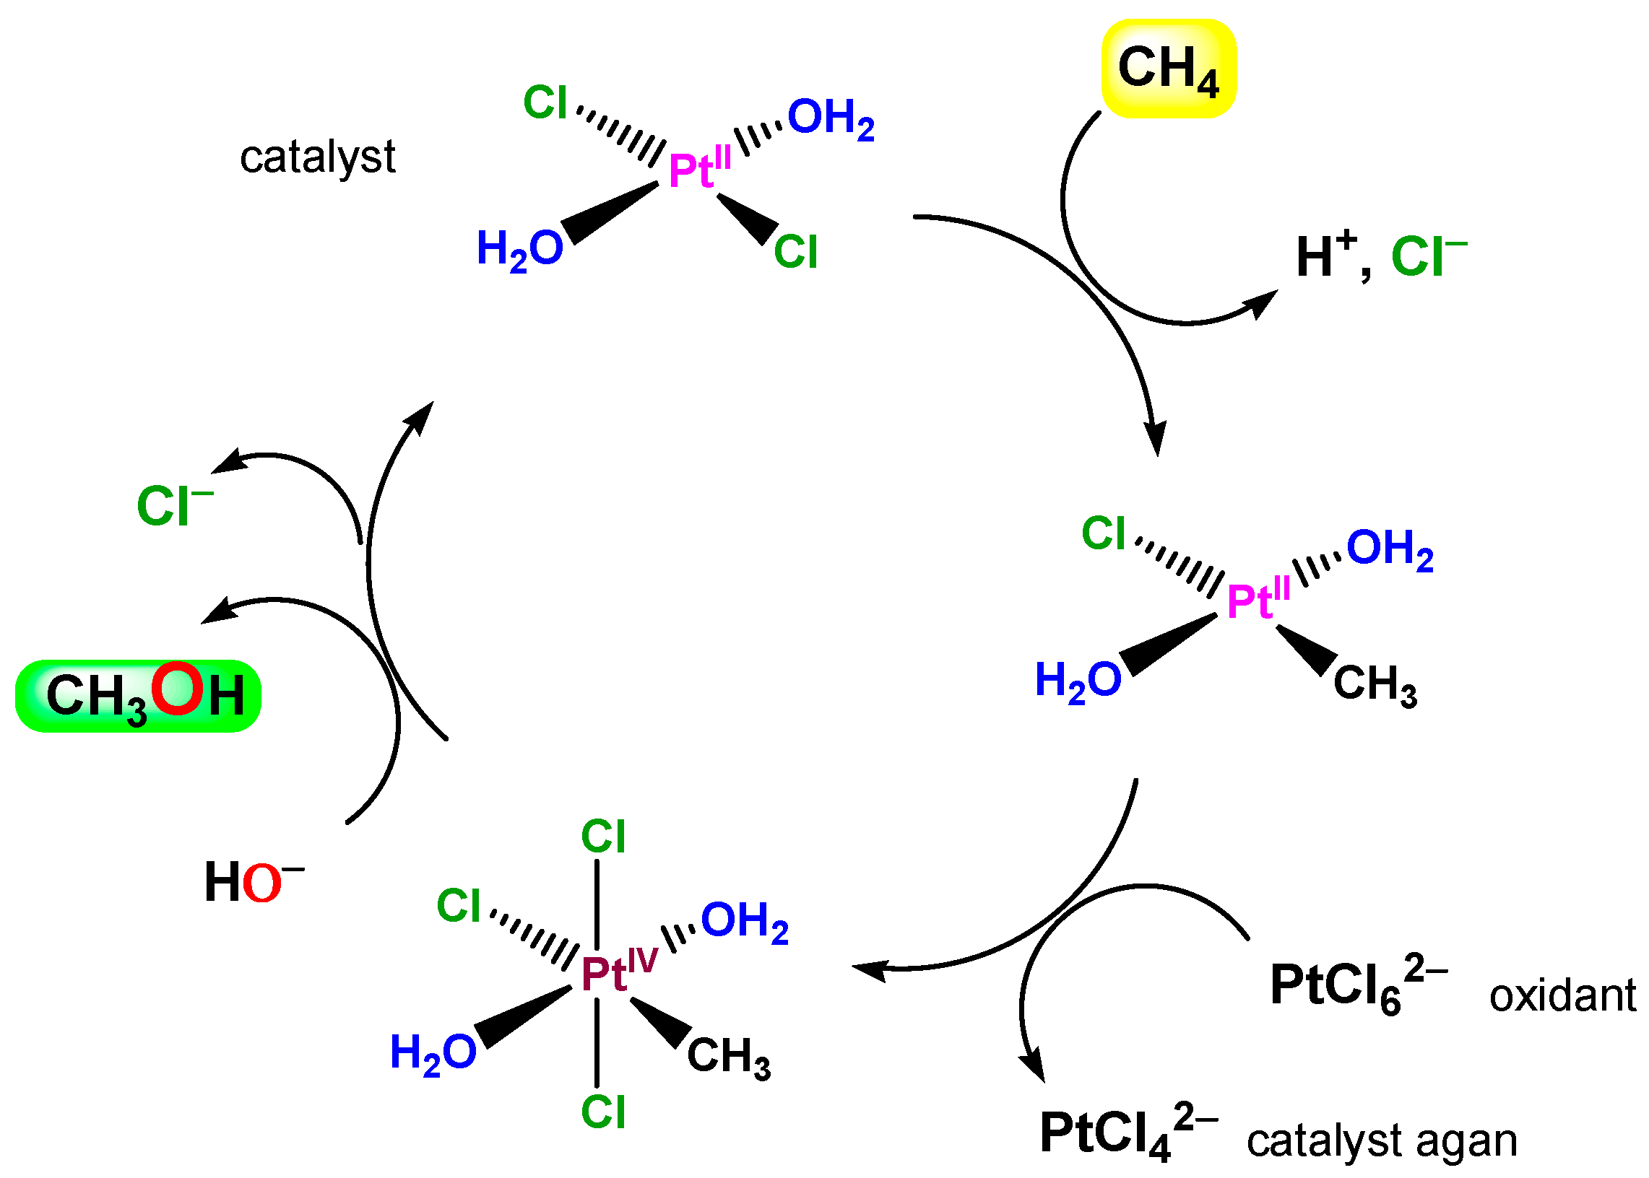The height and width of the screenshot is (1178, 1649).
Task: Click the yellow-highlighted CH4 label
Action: click(1168, 69)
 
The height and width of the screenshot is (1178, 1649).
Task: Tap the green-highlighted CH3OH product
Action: click(138, 696)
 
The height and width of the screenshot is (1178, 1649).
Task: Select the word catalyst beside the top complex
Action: click(317, 157)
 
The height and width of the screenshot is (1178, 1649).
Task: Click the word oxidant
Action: click(1562, 995)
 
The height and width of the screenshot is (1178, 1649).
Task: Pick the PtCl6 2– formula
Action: click(1357, 987)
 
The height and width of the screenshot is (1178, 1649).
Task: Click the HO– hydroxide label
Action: click(252, 882)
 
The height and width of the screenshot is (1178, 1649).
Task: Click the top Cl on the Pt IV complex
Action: click(602, 837)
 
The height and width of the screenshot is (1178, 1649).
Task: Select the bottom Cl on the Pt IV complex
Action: click(602, 1112)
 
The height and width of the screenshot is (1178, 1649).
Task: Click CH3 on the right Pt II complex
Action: click(1375, 684)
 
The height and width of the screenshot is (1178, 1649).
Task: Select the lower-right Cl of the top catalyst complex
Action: click(795, 252)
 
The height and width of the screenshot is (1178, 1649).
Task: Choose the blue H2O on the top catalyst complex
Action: click(519, 250)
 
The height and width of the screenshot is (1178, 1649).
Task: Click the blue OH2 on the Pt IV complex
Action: click(744, 922)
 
